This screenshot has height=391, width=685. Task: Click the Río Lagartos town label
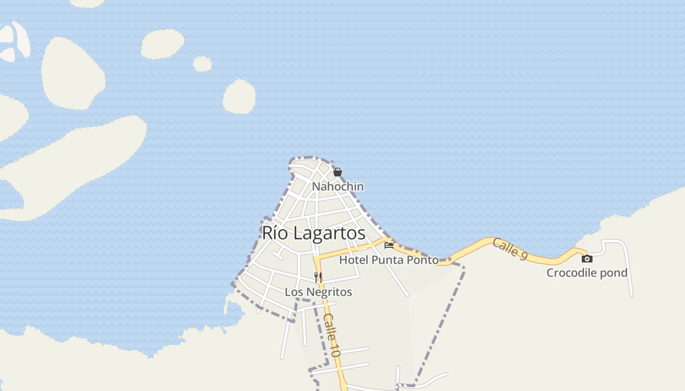point(314,233)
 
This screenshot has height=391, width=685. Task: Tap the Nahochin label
point(338,187)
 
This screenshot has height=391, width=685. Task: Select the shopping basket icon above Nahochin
point(337,172)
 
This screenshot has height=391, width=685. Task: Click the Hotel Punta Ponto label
point(388,260)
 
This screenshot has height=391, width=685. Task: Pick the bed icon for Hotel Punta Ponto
point(389,244)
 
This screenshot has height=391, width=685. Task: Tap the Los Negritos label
point(318,292)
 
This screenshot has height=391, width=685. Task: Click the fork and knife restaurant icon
point(318,277)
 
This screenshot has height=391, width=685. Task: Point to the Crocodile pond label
point(587,273)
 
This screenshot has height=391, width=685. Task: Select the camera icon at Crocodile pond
point(587,259)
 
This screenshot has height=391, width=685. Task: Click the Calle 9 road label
point(509,249)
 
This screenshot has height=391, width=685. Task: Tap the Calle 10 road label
point(331,335)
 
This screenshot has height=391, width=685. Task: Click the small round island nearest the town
point(239,97)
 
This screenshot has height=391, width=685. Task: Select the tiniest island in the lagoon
point(202,64)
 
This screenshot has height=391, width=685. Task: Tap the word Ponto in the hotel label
point(424,260)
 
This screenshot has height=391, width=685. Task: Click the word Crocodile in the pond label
point(571,273)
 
